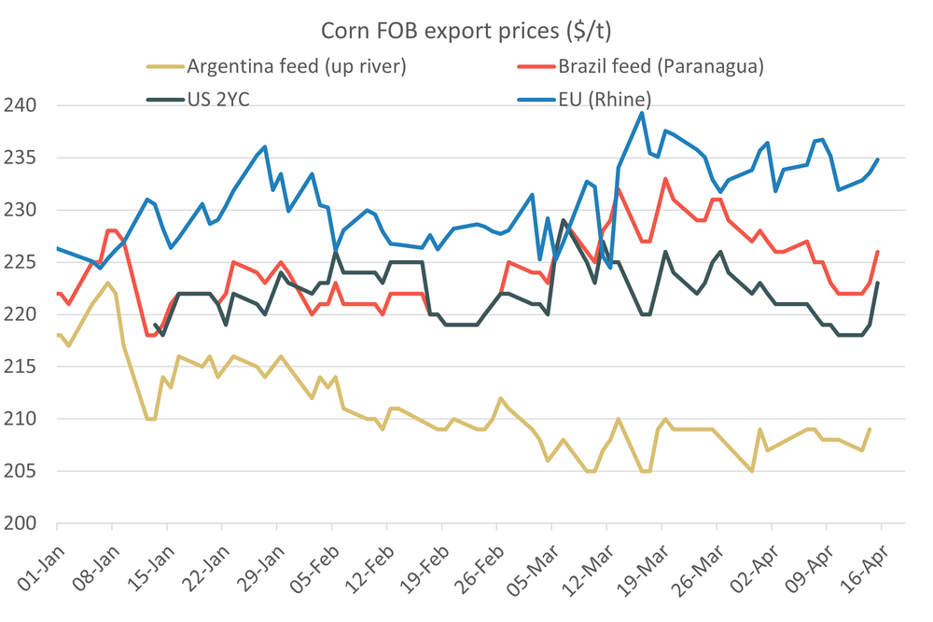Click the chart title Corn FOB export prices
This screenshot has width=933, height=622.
(466, 30)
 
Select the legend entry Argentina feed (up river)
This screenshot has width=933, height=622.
(297, 66)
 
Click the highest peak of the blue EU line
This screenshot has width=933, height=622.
(642, 113)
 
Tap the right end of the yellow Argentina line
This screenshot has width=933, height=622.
(870, 429)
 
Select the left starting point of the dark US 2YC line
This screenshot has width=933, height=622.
(155, 325)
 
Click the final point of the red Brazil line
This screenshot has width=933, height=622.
(878, 251)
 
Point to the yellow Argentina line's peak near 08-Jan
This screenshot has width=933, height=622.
(108, 283)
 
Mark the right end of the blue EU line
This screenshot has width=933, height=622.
(878, 159)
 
